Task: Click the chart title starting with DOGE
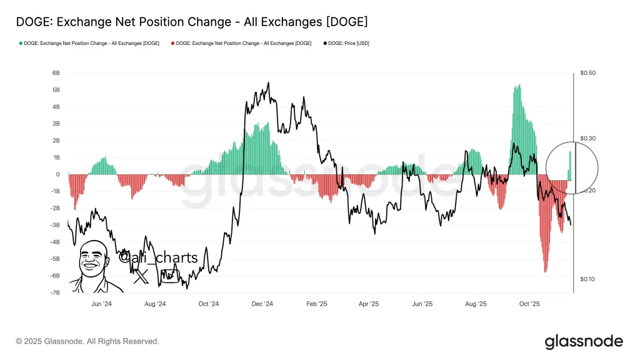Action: click(x=191, y=22)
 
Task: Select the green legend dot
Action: click(x=21, y=43)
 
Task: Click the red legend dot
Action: click(x=172, y=43)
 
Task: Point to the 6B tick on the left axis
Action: click(x=56, y=73)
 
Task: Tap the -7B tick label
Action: click(x=55, y=292)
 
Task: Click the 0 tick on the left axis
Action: click(x=58, y=174)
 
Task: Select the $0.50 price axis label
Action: click(x=587, y=73)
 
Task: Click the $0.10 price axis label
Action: click(x=587, y=279)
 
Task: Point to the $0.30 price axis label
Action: click(x=587, y=138)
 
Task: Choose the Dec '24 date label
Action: click(x=262, y=304)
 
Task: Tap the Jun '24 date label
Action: click(x=101, y=304)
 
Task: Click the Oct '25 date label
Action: click(x=529, y=304)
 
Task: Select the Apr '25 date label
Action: click(x=369, y=304)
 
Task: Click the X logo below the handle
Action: click(x=141, y=276)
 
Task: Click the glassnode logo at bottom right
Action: click(x=584, y=341)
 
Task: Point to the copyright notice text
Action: click(x=87, y=341)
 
